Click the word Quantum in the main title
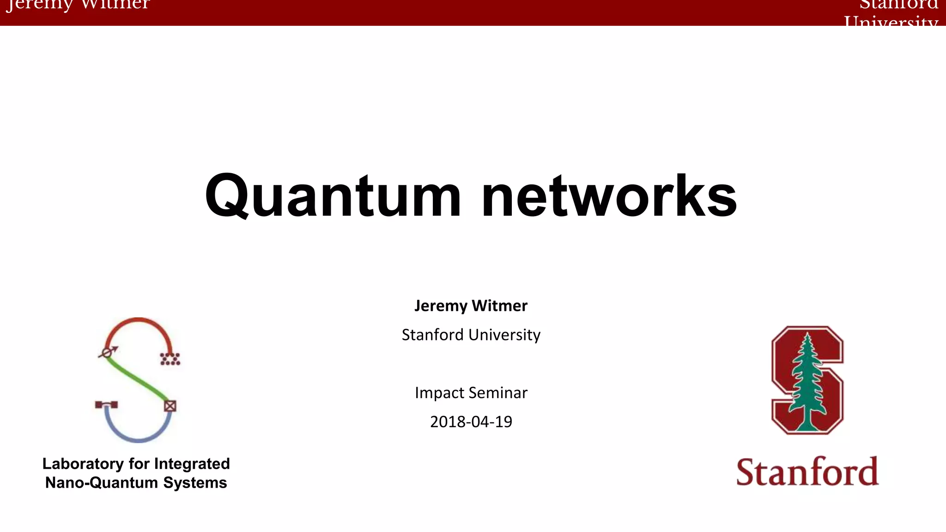(333, 196)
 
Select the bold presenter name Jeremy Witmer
(471, 306)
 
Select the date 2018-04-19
(471, 422)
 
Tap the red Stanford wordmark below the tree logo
(807, 472)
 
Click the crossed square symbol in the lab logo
(170, 406)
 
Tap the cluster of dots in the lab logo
(170, 359)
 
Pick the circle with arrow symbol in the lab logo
(108, 352)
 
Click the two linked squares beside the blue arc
(106, 405)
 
